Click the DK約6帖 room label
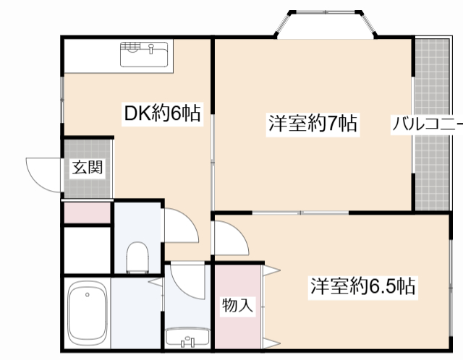coord(161,113)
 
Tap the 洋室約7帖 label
coord(313,124)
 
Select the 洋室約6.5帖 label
coord(363,286)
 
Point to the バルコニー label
coord(426,124)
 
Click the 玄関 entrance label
coord(88,168)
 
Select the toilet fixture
coord(137,257)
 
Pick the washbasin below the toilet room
coord(187,337)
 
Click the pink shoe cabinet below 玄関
coord(87,213)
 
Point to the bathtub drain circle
coord(87,295)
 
